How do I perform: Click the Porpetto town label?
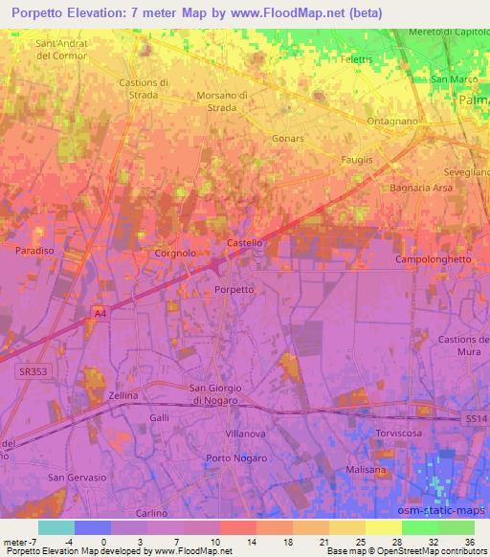tap(234, 289)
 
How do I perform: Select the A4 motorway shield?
tap(100, 312)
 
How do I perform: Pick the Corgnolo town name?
tap(175, 254)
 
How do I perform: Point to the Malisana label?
tap(367, 470)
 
